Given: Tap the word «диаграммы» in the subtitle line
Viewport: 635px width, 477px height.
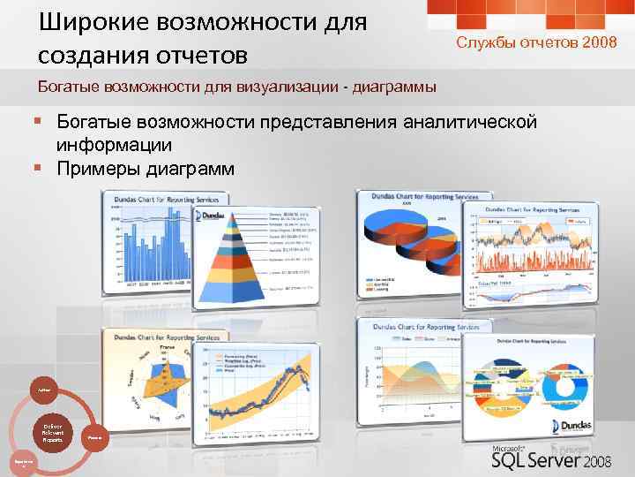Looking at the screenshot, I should pyautogui.click(x=392, y=87).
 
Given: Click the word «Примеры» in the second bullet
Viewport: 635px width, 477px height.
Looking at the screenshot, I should pyautogui.click(x=96, y=167).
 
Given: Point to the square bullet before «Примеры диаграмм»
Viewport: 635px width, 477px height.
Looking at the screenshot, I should pyautogui.click(x=40, y=167).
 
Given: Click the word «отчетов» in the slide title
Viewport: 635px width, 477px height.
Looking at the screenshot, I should pyautogui.click(x=195, y=56).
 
